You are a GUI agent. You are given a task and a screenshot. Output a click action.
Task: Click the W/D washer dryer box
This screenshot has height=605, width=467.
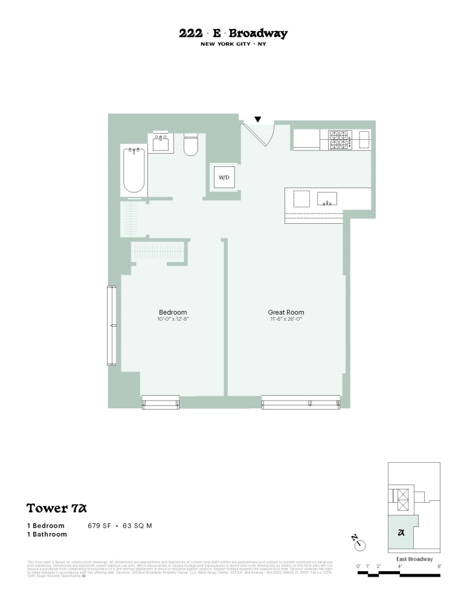[224, 178]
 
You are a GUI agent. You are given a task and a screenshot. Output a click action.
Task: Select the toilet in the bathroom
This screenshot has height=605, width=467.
[191, 145]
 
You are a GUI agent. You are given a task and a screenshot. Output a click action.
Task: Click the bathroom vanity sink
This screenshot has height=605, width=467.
[161, 143]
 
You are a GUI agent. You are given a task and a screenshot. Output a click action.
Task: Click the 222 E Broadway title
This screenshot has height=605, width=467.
[233, 34]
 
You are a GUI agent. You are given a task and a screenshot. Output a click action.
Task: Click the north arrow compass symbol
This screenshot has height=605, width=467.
[361, 544]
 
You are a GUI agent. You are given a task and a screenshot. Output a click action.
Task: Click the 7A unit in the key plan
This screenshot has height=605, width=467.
[401, 532]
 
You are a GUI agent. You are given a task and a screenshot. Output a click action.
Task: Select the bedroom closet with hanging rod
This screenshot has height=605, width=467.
[158, 250]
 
